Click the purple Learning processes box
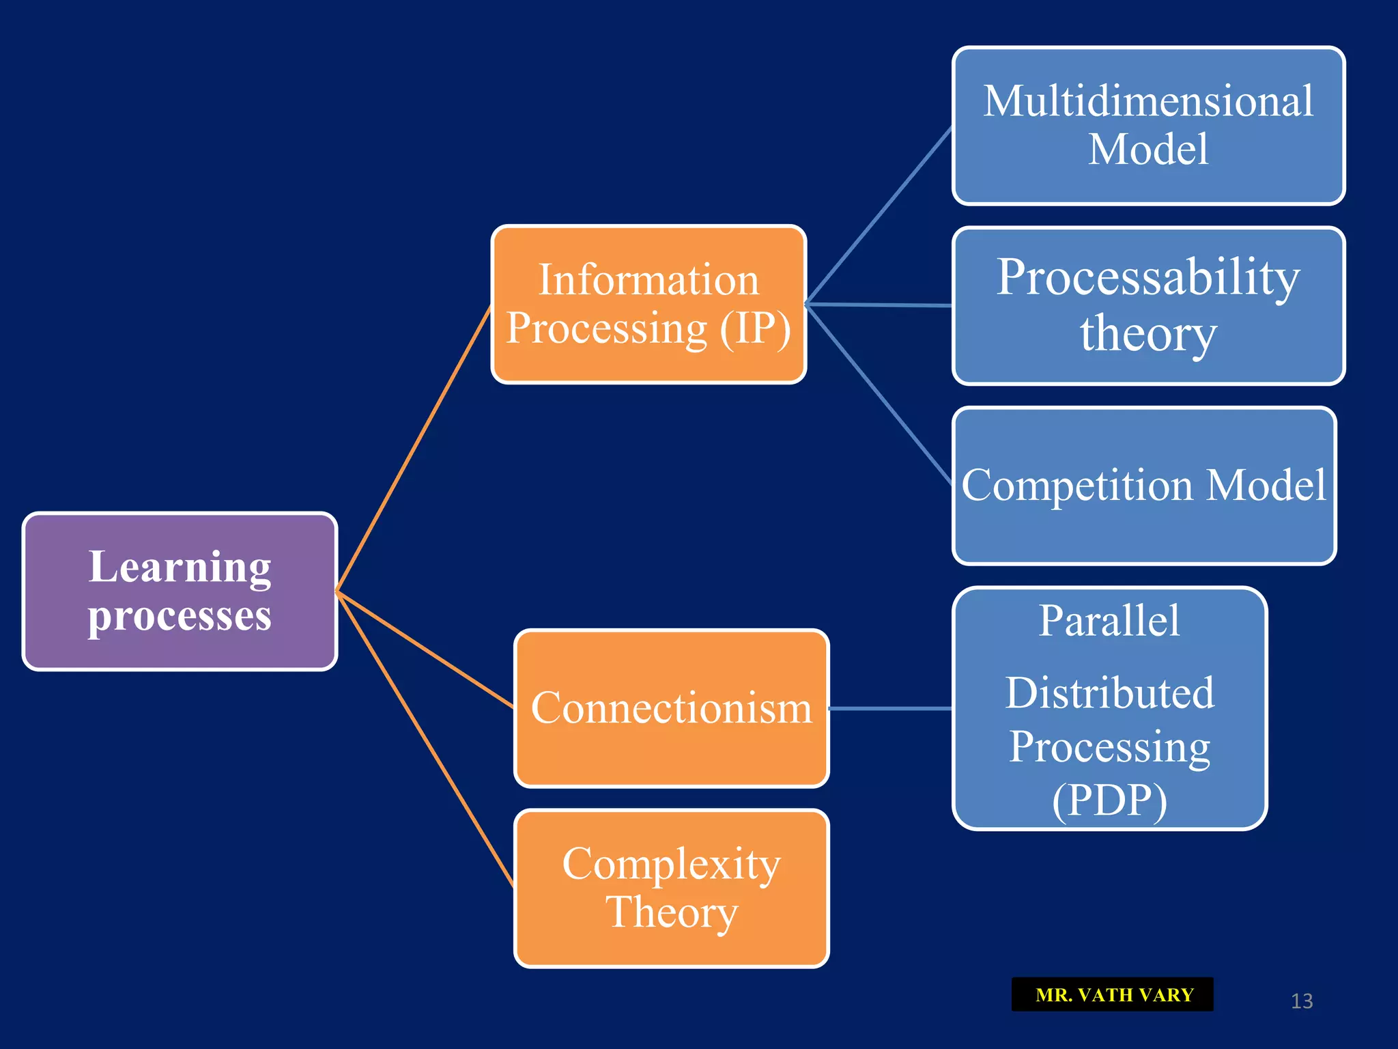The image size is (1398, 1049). click(x=180, y=591)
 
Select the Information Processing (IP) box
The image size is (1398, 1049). click(x=648, y=304)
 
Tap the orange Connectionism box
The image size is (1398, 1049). click(x=671, y=708)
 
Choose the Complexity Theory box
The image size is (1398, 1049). click(x=671, y=888)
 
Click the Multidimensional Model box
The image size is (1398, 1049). click(x=1148, y=126)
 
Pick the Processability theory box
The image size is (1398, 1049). click(x=1148, y=305)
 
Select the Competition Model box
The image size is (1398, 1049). click(x=1143, y=486)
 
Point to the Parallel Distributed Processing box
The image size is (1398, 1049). click(x=1109, y=708)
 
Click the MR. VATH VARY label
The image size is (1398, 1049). click(x=1113, y=994)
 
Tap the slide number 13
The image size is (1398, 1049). click(x=1302, y=1001)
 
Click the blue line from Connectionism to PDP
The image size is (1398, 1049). click(x=891, y=708)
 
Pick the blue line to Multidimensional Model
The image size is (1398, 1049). click(x=879, y=215)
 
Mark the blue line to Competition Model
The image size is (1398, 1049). click(x=879, y=394)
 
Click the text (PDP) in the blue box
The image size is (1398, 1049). click(x=1109, y=800)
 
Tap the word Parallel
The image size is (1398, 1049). click(x=1109, y=621)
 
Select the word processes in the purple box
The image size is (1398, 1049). click(x=180, y=616)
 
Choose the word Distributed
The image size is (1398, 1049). click(x=1109, y=693)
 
